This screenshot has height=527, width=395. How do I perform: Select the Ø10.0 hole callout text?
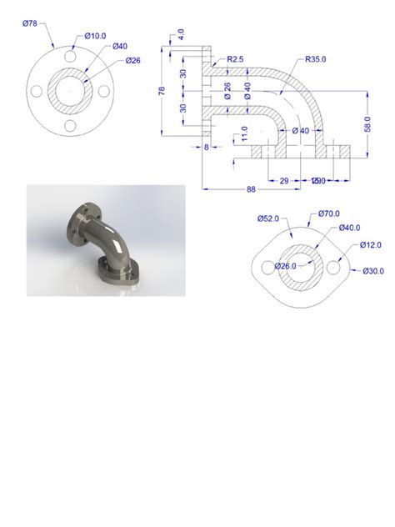coord(96,36)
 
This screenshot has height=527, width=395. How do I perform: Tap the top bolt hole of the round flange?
coord(71,57)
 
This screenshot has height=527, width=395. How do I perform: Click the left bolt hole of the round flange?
coord(37,92)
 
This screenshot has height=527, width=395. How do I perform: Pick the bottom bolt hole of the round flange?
coord(71,126)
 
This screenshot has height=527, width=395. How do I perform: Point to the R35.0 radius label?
coord(317,59)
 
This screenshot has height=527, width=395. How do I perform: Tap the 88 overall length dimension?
coord(250,189)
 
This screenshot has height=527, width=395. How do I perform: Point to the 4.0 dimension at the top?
coord(182,35)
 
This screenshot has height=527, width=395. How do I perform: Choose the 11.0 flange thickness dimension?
coord(243,134)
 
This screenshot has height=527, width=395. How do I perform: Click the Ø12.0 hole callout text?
coord(372,244)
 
